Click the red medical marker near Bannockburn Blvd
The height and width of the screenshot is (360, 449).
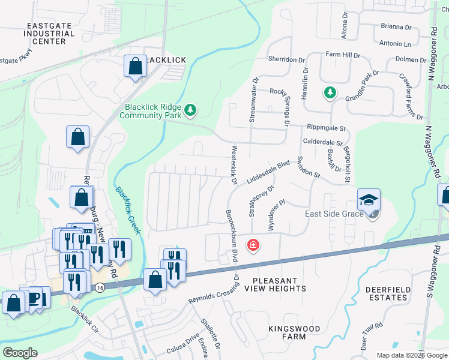(x=253, y=245)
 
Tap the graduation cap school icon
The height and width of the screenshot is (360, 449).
(x=369, y=200)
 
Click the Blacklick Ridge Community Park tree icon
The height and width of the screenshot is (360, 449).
(x=190, y=109)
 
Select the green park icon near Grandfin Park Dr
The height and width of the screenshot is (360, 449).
(x=329, y=92)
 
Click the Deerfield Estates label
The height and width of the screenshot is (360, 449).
(x=388, y=293)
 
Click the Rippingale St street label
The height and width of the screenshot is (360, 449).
(x=327, y=128)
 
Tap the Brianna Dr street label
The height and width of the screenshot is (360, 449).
(x=396, y=27)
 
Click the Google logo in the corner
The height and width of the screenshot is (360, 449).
(x=20, y=353)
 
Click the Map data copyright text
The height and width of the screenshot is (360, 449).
(x=411, y=355)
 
